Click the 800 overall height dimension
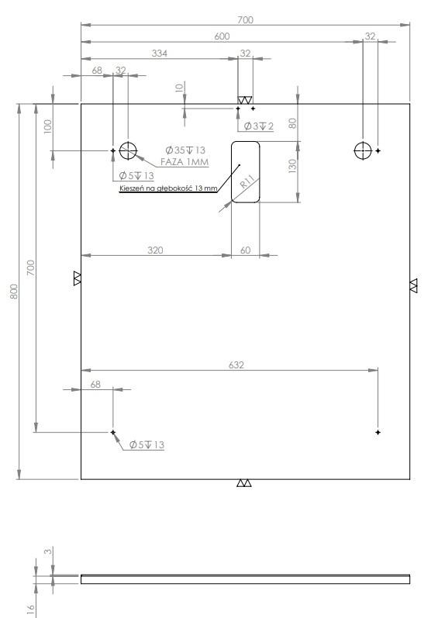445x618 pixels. coord(14,292)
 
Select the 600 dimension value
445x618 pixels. coord(222,36)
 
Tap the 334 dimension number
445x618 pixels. coord(160,54)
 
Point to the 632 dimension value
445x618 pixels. coord(236,365)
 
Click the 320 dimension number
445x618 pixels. coord(155,250)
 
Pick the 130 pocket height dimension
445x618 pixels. coord(292,166)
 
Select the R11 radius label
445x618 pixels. coord(247,181)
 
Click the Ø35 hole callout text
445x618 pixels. coord(185,150)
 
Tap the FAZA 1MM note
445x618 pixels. coord(185,161)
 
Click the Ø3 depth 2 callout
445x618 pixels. coord(259,126)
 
